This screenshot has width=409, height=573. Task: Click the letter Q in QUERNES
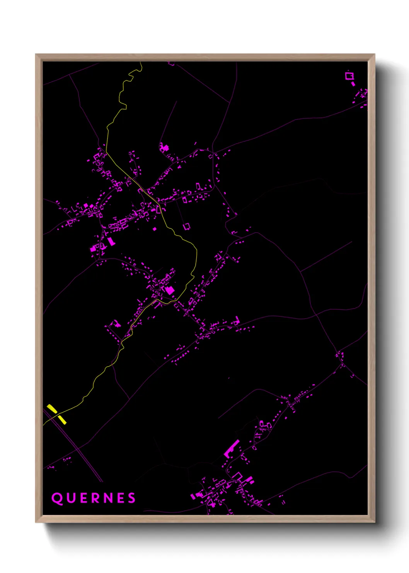click(x=57, y=498)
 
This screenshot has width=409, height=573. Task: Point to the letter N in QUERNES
click(x=107, y=498)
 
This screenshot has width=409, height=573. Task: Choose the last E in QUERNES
click(x=120, y=498)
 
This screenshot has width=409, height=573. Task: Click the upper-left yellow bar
click(x=52, y=408)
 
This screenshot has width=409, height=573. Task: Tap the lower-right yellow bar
click(x=62, y=419)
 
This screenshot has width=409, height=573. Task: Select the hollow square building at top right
click(x=349, y=75)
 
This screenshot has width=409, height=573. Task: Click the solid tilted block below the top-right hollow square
click(x=353, y=83)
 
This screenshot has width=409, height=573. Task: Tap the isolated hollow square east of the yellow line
click(x=187, y=226)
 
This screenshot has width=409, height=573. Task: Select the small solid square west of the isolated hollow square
click(x=155, y=229)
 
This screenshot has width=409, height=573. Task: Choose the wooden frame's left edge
click(x=39, y=286)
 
